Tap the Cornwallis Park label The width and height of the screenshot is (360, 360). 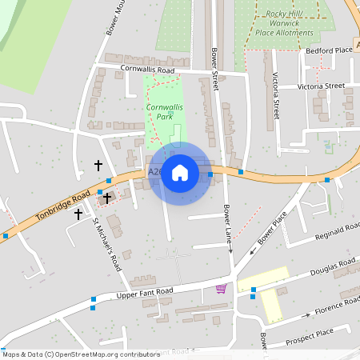point(164,111)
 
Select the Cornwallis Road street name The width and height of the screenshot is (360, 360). point(146,70)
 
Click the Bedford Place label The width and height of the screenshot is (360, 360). point(329,50)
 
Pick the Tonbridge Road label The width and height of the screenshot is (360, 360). point(63,206)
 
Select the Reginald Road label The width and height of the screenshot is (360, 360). point(337,231)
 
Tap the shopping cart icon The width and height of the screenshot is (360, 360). point(221,289)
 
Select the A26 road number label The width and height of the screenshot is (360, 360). point(154,172)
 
